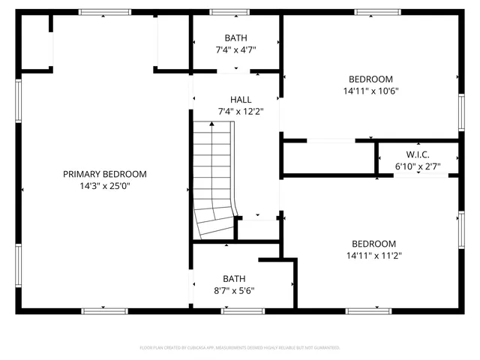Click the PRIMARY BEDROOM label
coord(104,174)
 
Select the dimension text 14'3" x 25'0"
coord(104,186)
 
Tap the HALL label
coord(241,99)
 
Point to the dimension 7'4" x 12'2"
coord(241,112)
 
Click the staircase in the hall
coord(214,180)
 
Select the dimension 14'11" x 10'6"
coord(370,91)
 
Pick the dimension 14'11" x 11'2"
coord(373,256)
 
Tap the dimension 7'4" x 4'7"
coord(236,50)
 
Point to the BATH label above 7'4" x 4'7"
coord(236,37)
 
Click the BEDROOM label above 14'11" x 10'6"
coord(370,79)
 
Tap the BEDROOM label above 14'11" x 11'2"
coord(373,244)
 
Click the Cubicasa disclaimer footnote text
coord(240,348)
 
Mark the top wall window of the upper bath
coord(219,12)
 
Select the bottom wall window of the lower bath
coord(242,310)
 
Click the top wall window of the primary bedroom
coord(100,12)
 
